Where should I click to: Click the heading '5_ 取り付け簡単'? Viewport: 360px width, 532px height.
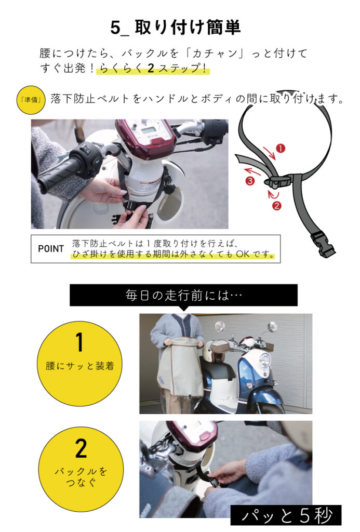point(176,28)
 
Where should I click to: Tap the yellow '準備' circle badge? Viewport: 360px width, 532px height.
point(31,100)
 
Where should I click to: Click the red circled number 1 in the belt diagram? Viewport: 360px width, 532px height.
point(281,148)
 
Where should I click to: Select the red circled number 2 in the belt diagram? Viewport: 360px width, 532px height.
point(277,206)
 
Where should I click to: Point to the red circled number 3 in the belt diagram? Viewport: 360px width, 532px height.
point(250,181)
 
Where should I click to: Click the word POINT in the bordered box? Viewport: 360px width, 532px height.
point(51,249)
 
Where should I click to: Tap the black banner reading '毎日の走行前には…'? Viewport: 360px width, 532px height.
point(183,295)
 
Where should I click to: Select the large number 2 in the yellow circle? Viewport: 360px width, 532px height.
point(81,448)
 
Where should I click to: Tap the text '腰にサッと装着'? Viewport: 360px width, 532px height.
point(79,366)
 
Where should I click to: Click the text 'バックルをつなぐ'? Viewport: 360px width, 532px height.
point(81,477)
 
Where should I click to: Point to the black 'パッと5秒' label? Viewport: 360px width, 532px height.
point(286,515)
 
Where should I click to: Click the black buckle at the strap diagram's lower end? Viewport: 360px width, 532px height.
point(322,242)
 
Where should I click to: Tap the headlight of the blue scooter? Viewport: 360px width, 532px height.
point(264,360)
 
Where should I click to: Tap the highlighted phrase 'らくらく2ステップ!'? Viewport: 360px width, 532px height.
point(153,68)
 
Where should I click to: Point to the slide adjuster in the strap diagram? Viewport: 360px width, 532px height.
point(276,180)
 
